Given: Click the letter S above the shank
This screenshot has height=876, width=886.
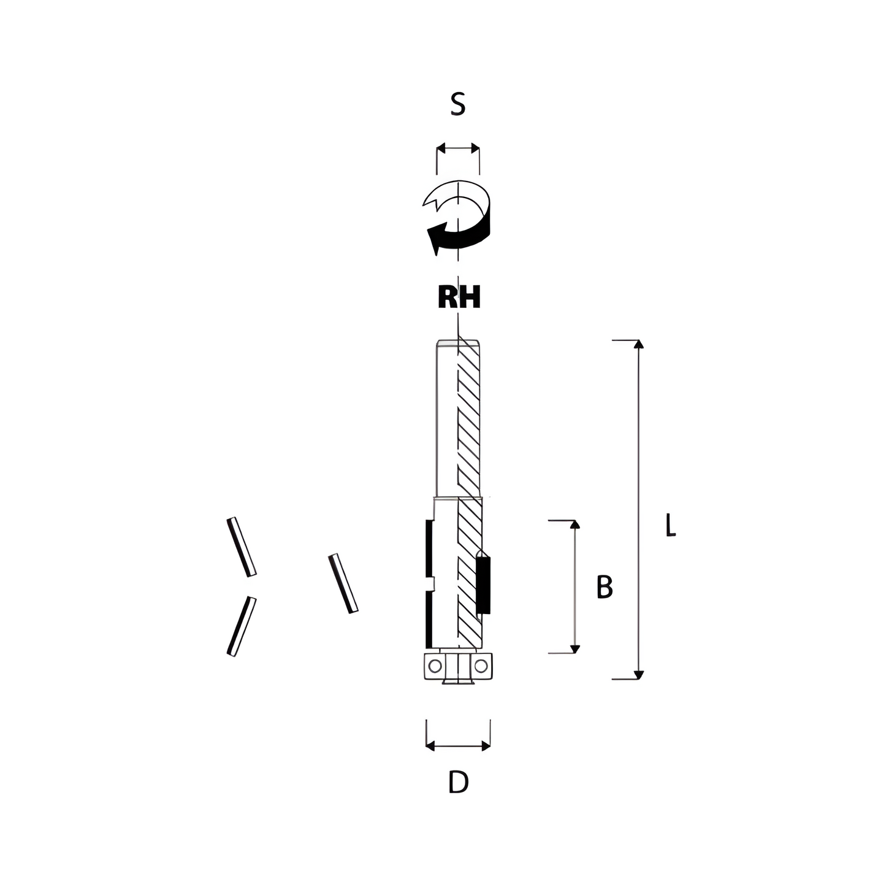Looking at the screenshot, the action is pyautogui.click(x=457, y=104).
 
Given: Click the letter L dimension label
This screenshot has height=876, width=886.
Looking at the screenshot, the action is pyautogui.click(x=671, y=525).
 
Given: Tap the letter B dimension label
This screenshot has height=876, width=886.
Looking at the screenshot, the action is pyautogui.click(x=605, y=587).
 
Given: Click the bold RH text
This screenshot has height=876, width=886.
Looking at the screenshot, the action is pyautogui.click(x=459, y=297).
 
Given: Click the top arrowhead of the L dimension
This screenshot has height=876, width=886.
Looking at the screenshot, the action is pyautogui.click(x=638, y=345).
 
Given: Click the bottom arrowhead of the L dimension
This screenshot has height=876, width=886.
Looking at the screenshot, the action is pyautogui.click(x=638, y=675).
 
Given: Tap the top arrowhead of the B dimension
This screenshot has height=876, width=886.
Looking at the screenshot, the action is pyautogui.click(x=575, y=524).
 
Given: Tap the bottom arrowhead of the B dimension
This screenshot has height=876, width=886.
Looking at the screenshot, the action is pyautogui.click(x=575, y=649).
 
